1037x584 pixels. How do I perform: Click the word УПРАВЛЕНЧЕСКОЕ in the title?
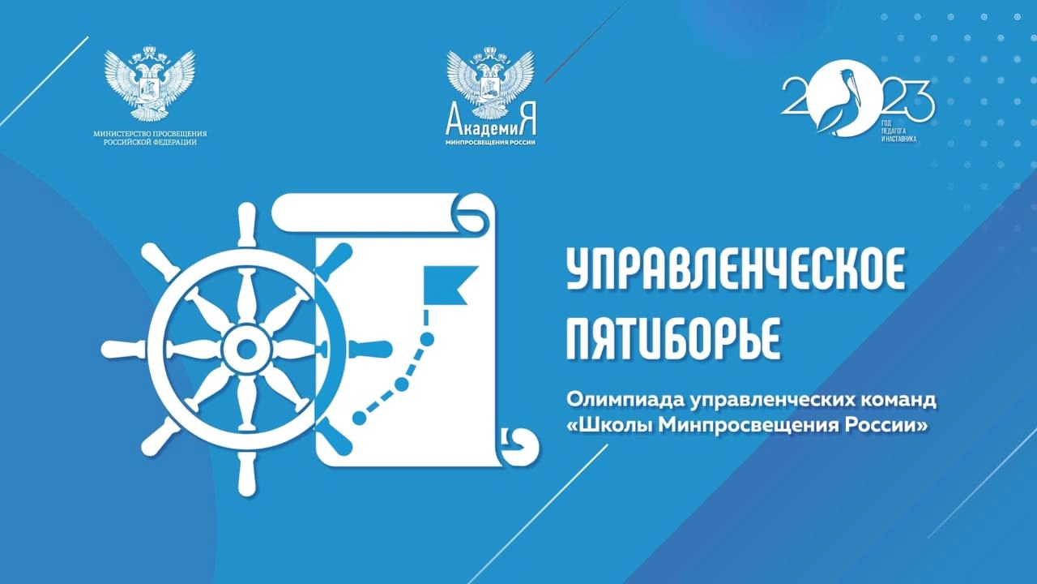click(735, 271)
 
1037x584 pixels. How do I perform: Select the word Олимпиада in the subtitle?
click(612, 400)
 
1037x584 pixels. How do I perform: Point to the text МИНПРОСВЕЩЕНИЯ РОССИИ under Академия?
click(491, 142)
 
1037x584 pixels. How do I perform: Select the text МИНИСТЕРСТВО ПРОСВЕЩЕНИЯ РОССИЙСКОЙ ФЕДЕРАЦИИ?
click(150, 137)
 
